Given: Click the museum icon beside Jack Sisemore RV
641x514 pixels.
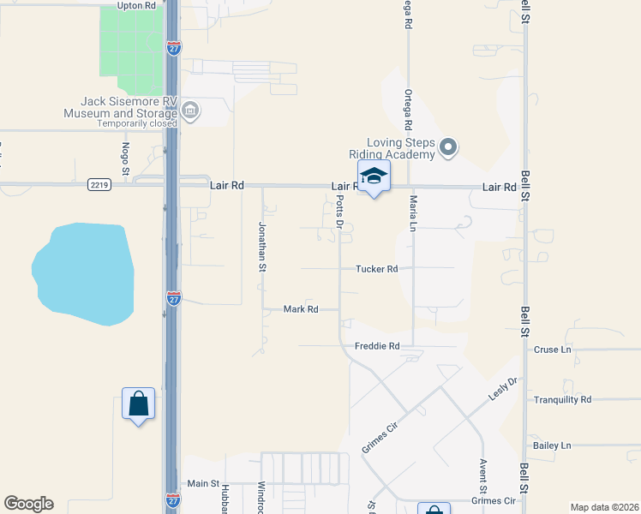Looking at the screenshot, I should (x=190, y=110).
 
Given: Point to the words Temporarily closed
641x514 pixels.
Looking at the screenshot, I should (x=136, y=123).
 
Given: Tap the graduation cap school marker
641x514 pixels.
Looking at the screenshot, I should (x=374, y=176).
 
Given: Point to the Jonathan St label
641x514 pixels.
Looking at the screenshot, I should (x=262, y=248).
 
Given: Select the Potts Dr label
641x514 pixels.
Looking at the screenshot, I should (x=340, y=213).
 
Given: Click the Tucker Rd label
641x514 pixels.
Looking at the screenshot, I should (x=377, y=269).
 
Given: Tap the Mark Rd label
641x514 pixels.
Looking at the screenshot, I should (x=301, y=309).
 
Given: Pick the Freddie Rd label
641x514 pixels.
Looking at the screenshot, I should (x=377, y=347).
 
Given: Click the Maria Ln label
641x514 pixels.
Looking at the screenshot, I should (x=413, y=213).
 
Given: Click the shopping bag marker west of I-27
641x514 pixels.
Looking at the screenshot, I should (x=138, y=403).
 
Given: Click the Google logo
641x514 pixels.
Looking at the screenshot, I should (x=28, y=504).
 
